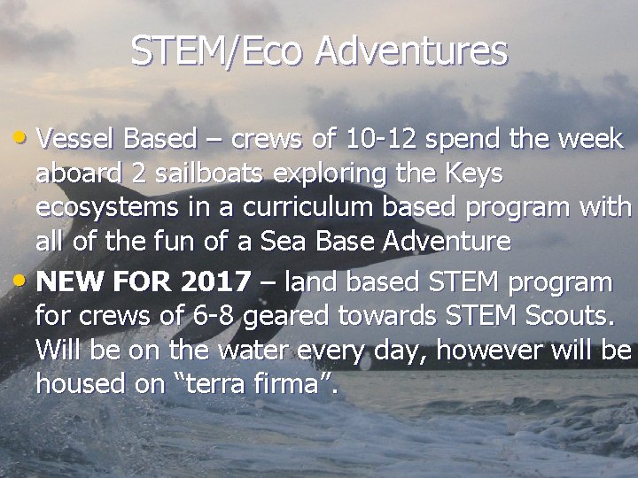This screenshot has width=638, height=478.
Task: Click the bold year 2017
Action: click(x=215, y=282)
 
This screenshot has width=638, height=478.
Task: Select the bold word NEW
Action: click(x=69, y=282)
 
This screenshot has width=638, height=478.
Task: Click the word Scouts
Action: click(x=587, y=315)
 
